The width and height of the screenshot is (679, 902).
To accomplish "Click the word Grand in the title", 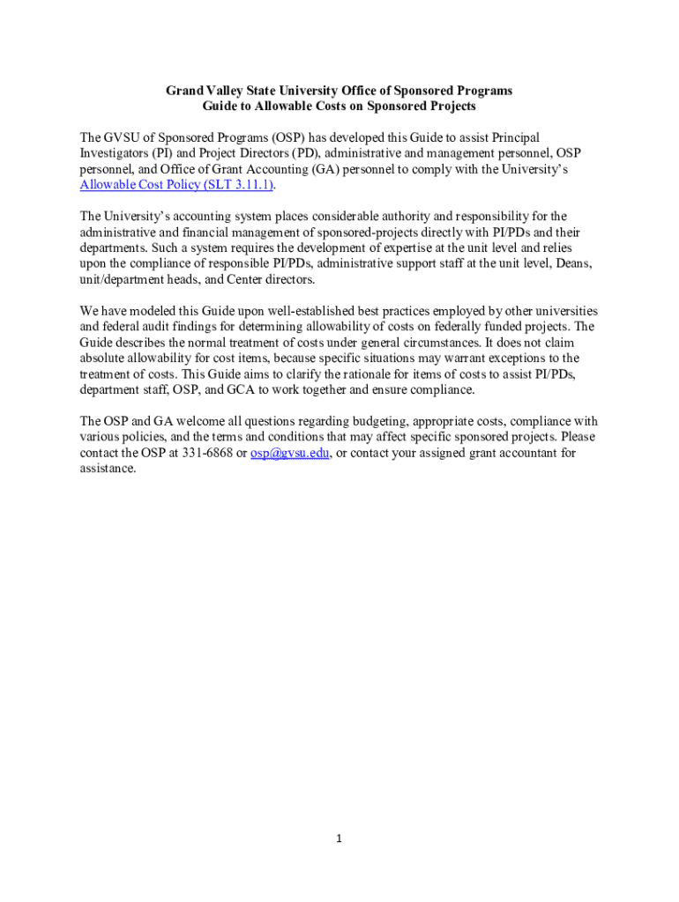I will (183, 91).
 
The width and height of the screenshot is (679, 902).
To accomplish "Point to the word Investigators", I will (116, 153).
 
